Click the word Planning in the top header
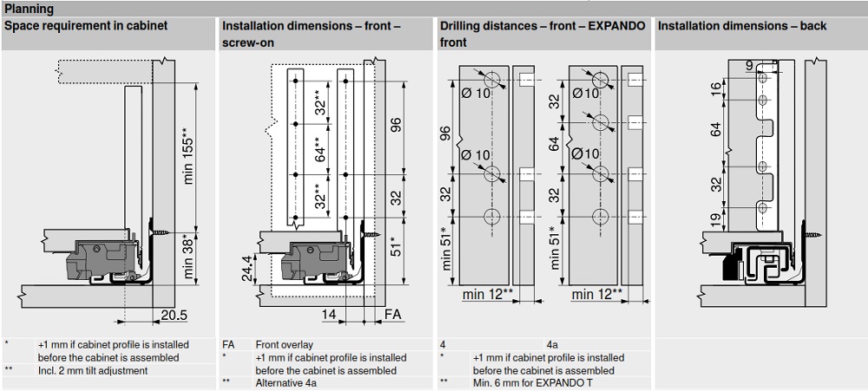pyautogui.click(x=29, y=9)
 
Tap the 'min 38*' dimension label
pyautogui.click(x=187, y=257)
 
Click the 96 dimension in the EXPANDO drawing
pyautogui.click(x=445, y=134)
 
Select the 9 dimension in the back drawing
pyautogui.click(x=749, y=64)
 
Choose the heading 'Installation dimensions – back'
pyautogui.click(x=741, y=26)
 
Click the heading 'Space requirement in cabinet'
pyautogui.click(x=86, y=26)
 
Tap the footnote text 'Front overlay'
pyautogui.click(x=284, y=344)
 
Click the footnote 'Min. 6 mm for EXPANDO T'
pyautogui.click(x=527, y=381)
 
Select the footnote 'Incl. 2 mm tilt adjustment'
pyautogui.click(x=93, y=370)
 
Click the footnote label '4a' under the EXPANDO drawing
pyautogui.click(x=553, y=344)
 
